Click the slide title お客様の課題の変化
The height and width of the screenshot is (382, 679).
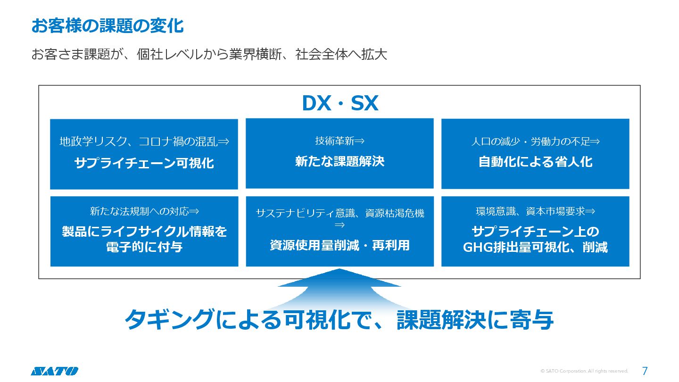108,26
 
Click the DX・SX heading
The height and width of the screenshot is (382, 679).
339,104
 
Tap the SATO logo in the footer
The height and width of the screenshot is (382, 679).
54,371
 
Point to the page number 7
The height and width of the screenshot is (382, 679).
645,371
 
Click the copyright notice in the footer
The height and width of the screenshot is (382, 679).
584,371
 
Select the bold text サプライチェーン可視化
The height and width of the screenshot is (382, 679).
144,163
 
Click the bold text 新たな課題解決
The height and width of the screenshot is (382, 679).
339,161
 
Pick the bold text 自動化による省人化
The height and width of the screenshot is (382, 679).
535,162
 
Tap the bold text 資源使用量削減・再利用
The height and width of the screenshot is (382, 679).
339,245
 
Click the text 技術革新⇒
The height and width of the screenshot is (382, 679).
339,141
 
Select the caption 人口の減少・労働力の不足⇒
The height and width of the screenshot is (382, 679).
535,141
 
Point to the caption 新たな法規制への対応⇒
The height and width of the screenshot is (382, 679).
144,211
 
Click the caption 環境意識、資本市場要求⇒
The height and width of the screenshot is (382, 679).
535,211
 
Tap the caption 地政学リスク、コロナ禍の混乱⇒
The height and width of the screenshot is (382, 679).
144,141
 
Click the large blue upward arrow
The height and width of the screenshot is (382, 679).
339,288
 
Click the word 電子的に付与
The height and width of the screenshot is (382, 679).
144,247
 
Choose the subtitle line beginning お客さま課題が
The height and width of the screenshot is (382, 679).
209,54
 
